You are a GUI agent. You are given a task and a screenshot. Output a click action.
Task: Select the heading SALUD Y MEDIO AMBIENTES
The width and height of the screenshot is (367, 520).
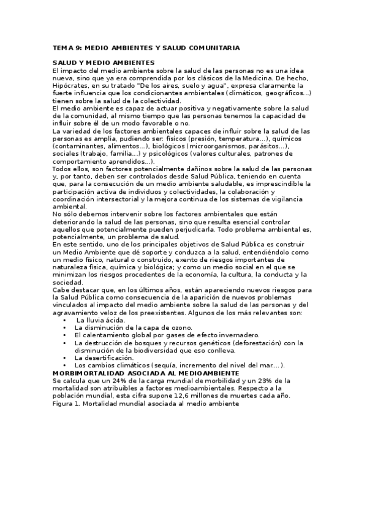(x=103, y=63)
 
